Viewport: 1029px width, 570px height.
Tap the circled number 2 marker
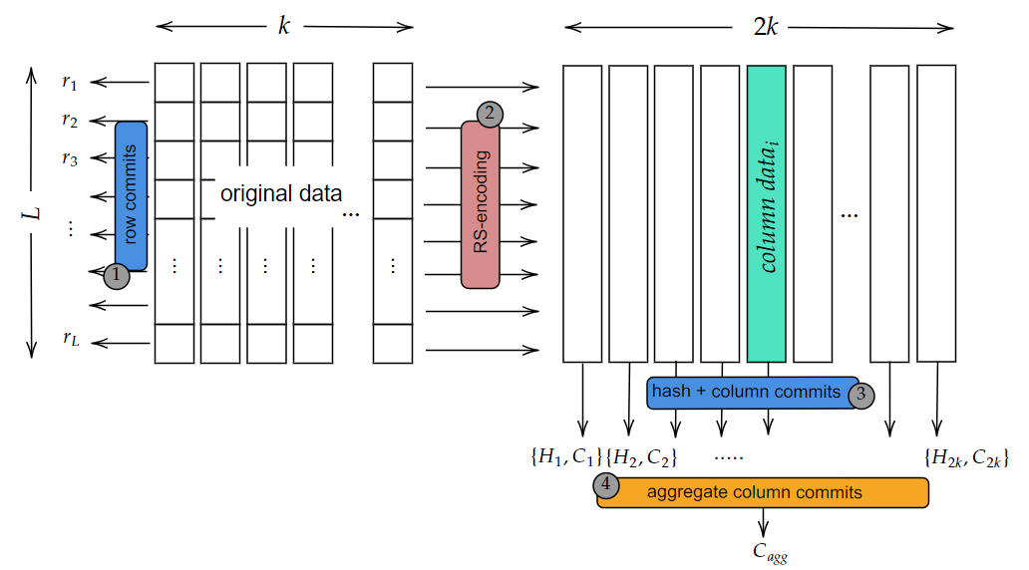coord(489,114)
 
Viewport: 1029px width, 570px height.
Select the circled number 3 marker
coord(861,394)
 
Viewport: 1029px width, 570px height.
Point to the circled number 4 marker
coord(606,485)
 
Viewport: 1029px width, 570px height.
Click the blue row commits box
coord(131,195)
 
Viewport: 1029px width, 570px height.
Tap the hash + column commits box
coord(748,393)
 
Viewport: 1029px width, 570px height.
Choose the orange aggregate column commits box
coord(763,492)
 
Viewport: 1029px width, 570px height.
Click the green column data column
coord(766,213)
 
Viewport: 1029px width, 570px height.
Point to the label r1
coord(69,82)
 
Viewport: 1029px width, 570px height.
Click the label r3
coord(69,157)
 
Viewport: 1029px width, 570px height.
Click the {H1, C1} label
coord(565,457)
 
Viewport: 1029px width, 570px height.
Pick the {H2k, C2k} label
coord(967,457)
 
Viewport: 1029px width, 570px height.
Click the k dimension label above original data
coord(284,26)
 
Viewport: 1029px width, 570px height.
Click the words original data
coord(281,192)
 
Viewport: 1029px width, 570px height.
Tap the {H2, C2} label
coord(642,457)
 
